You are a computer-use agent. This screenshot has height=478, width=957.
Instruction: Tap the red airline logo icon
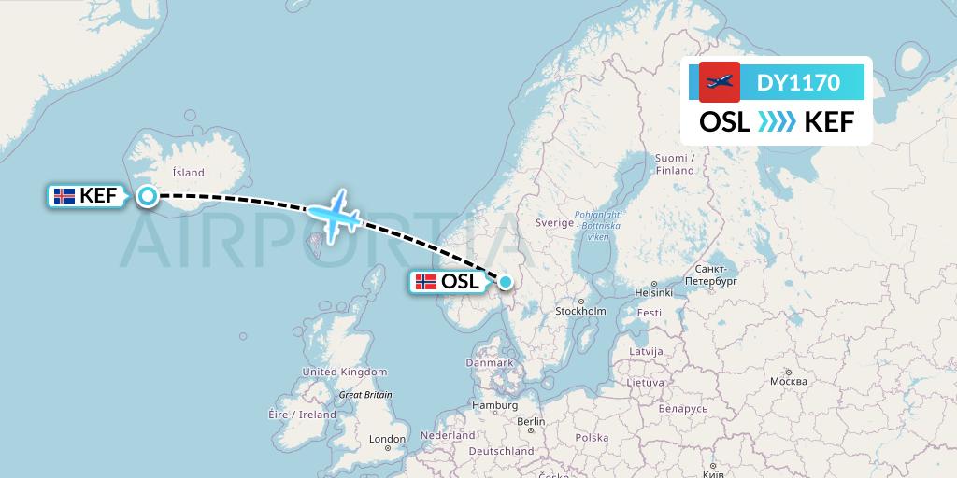click(x=720, y=82)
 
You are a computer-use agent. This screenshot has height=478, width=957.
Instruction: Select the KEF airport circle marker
click(x=147, y=196)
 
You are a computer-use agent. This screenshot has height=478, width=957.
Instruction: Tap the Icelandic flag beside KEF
click(x=64, y=196)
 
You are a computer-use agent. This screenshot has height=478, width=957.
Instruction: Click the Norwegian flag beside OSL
click(x=426, y=282)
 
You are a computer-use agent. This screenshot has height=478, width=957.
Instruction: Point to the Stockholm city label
click(x=580, y=311)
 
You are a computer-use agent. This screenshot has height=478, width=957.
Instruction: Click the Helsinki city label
click(x=653, y=292)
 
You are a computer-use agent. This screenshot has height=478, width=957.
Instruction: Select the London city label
click(x=387, y=439)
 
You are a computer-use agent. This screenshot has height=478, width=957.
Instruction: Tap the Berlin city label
click(x=531, y=421)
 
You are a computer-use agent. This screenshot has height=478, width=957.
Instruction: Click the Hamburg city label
click(x=495, y=406)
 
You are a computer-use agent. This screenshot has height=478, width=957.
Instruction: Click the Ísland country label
click(x=188, y=173)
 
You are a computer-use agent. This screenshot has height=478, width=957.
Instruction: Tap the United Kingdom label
click(x=344, y=372)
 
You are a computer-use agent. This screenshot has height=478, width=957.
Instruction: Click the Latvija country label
click(x=646, y=351)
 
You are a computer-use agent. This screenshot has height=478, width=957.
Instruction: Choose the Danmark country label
click(x=491, y=362)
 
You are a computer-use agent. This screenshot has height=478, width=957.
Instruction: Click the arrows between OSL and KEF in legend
click(x=777, y=121)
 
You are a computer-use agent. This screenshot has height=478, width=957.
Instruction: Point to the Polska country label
click(x=592, y=437)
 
